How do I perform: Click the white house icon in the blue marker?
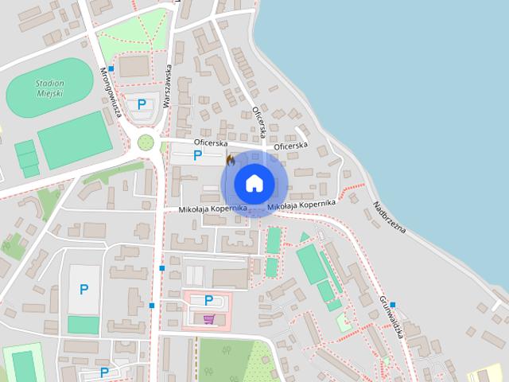point(254,183)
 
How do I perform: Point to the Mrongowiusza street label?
point(110,92)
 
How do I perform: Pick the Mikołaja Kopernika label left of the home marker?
point(212,209)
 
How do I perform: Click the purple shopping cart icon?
point(208,319)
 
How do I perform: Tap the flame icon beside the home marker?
point(230,161)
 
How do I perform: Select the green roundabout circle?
point(146,142)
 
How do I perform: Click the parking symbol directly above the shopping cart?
point(208,300)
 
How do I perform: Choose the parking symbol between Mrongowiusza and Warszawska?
point(142,103)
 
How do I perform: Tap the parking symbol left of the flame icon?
point(197,156)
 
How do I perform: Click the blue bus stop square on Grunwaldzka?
point(393,305)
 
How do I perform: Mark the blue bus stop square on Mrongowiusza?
point(111,69)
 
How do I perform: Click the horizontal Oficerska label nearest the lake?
point(290,146)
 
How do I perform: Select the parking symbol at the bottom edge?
point(104,372)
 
